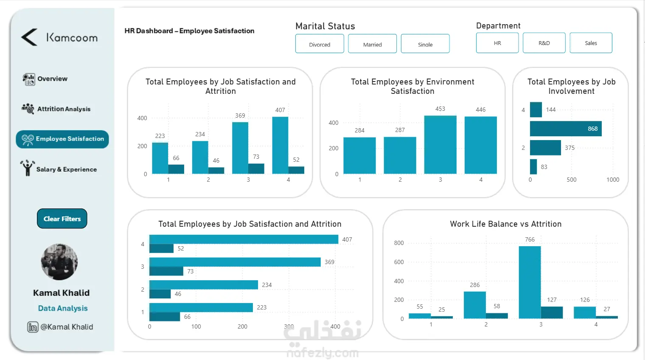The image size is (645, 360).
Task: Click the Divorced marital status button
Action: coord(320,44)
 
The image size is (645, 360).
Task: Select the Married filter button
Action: coord(372,44)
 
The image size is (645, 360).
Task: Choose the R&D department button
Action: coord(544,43)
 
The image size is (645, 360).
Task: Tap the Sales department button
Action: coord(591,43)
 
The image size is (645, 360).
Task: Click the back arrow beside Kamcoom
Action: coord(29,37)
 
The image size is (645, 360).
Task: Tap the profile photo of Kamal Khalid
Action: coord(59,262)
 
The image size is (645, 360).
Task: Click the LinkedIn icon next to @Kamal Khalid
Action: coord(33,327)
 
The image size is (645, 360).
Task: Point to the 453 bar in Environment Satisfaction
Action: coord(440,144)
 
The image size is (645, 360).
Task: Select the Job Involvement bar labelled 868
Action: coord(565,129)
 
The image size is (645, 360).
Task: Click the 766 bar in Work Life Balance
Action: coord(530,282)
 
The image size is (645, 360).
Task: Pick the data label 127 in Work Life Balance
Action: coord(552,300)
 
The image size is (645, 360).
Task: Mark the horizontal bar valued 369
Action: coord(235,262)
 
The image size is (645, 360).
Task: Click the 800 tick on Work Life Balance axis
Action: coord(399,243)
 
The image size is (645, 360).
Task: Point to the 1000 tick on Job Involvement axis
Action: coord(612,180)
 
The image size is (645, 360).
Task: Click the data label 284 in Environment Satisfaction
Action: coord(359,130)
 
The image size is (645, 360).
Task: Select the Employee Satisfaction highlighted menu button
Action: coord(62,139)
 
